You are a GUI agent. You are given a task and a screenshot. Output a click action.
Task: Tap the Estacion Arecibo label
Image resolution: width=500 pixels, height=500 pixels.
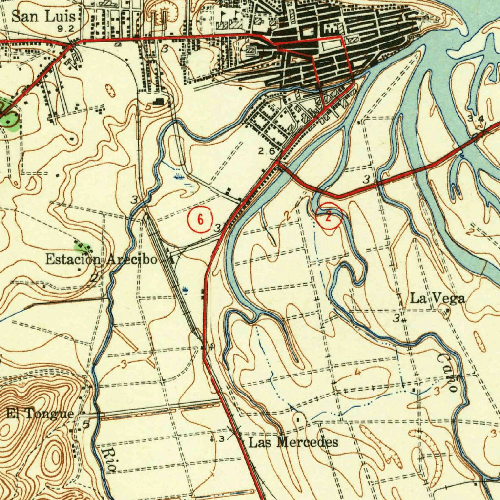(x=102, y=259)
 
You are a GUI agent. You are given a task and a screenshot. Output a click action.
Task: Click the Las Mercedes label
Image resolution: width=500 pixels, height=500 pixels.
(x=293, y=443)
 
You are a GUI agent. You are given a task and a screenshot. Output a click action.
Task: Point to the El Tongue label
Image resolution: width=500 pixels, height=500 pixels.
(x=40, y=414)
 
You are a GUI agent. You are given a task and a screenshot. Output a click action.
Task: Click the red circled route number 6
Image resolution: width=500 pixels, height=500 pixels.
(x=200, y=220)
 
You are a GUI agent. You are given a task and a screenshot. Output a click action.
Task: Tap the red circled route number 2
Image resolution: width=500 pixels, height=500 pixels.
(x=329, y=216)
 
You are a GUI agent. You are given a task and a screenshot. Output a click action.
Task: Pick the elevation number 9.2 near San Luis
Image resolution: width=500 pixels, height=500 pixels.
(x=65, y=29)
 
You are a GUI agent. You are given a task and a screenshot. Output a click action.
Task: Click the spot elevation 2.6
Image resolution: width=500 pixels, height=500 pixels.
(x=267, y=152)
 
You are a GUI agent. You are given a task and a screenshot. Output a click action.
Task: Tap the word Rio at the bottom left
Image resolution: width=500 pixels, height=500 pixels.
(x=110, y=458)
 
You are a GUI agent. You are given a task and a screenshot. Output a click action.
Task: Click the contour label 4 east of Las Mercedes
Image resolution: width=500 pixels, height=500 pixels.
(x=358, y=373)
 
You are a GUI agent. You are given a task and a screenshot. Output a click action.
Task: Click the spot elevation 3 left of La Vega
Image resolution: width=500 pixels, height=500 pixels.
(x=396, y=319)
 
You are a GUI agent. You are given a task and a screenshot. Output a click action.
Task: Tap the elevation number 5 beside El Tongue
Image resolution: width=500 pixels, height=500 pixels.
(x=86, y=424)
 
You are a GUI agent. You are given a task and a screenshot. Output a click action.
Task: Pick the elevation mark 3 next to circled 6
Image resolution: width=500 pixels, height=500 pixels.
(x=217, y=228)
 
